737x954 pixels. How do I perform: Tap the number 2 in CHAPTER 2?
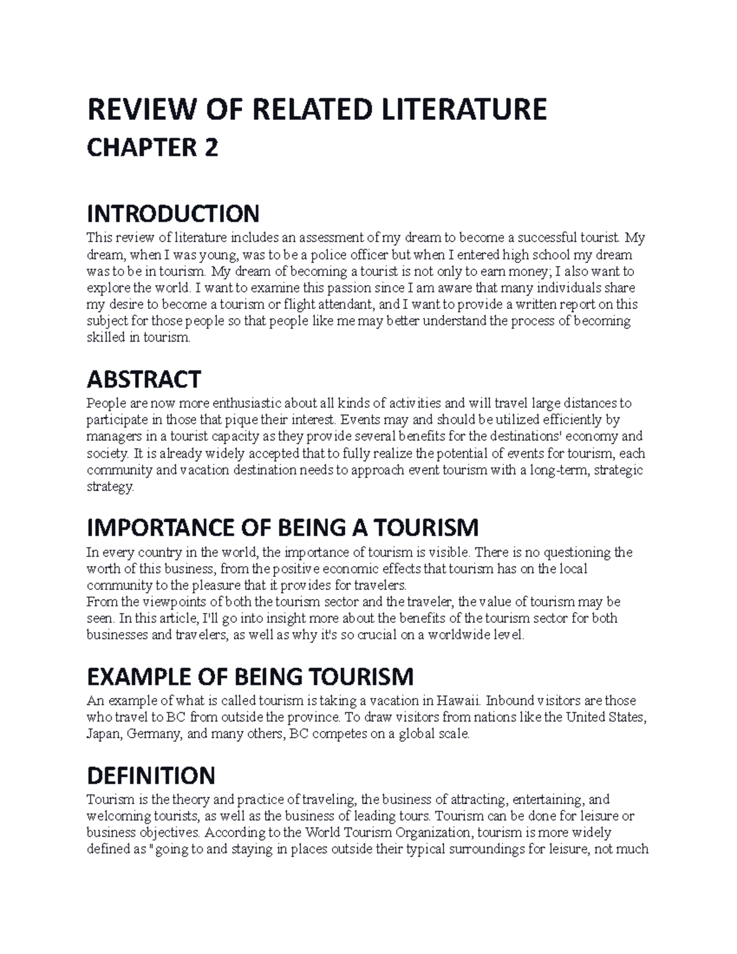click(211, 149)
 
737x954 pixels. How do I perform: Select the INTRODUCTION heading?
click(173, 214)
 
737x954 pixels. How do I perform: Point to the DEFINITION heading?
click(151, 775)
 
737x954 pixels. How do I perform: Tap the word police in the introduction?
click(325, 255)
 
